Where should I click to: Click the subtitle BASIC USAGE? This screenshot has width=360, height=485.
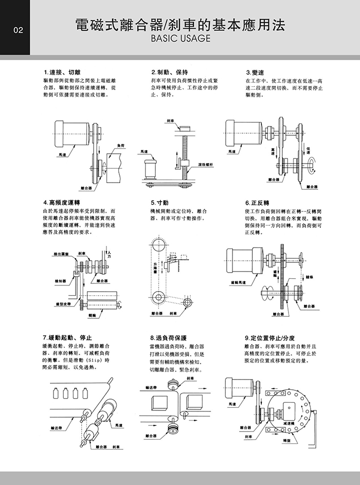pyautogui.click(x=179, y=39)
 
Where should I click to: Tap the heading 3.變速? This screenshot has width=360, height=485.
pyautogui.click(x=256, y=71)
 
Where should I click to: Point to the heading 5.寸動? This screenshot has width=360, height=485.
pyautogui.click(x=160, y=202)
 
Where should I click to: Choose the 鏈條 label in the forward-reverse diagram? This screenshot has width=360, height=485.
pyautogui.click(x=310, y=277)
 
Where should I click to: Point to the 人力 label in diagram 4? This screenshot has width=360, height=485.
pyautogui.click(x=110, y=253)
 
